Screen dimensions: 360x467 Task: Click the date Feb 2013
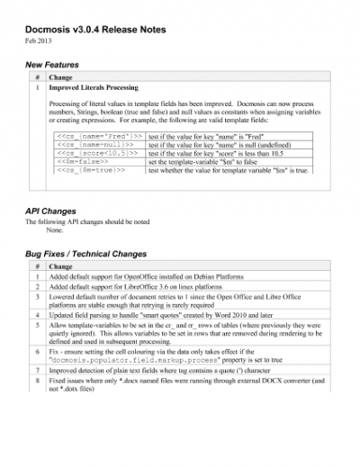[x=40, y=41]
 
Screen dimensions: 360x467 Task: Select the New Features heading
[x=52, y=65]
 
